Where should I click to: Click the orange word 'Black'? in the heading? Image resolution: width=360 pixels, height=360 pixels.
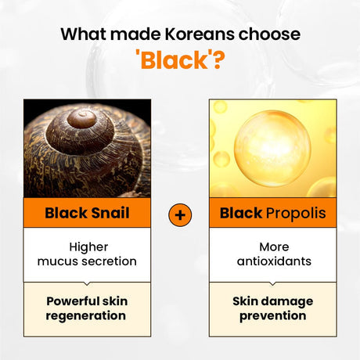179,60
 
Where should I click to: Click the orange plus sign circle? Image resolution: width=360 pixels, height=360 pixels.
180,214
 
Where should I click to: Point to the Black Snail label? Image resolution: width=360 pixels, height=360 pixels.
86,213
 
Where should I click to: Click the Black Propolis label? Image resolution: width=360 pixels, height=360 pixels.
273,213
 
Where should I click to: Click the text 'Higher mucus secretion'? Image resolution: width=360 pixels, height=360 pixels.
86,253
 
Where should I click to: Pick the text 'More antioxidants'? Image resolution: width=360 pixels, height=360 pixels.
273,253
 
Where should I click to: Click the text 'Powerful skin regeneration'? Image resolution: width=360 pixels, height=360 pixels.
86,308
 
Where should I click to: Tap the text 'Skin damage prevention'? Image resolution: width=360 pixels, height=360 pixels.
273,308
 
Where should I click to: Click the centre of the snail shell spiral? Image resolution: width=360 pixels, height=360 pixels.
81,118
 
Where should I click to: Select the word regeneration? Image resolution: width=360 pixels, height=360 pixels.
86,316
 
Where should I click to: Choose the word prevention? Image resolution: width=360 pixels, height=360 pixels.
273,316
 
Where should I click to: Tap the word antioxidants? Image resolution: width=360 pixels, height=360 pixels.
273,261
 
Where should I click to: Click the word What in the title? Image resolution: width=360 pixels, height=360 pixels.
84,34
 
